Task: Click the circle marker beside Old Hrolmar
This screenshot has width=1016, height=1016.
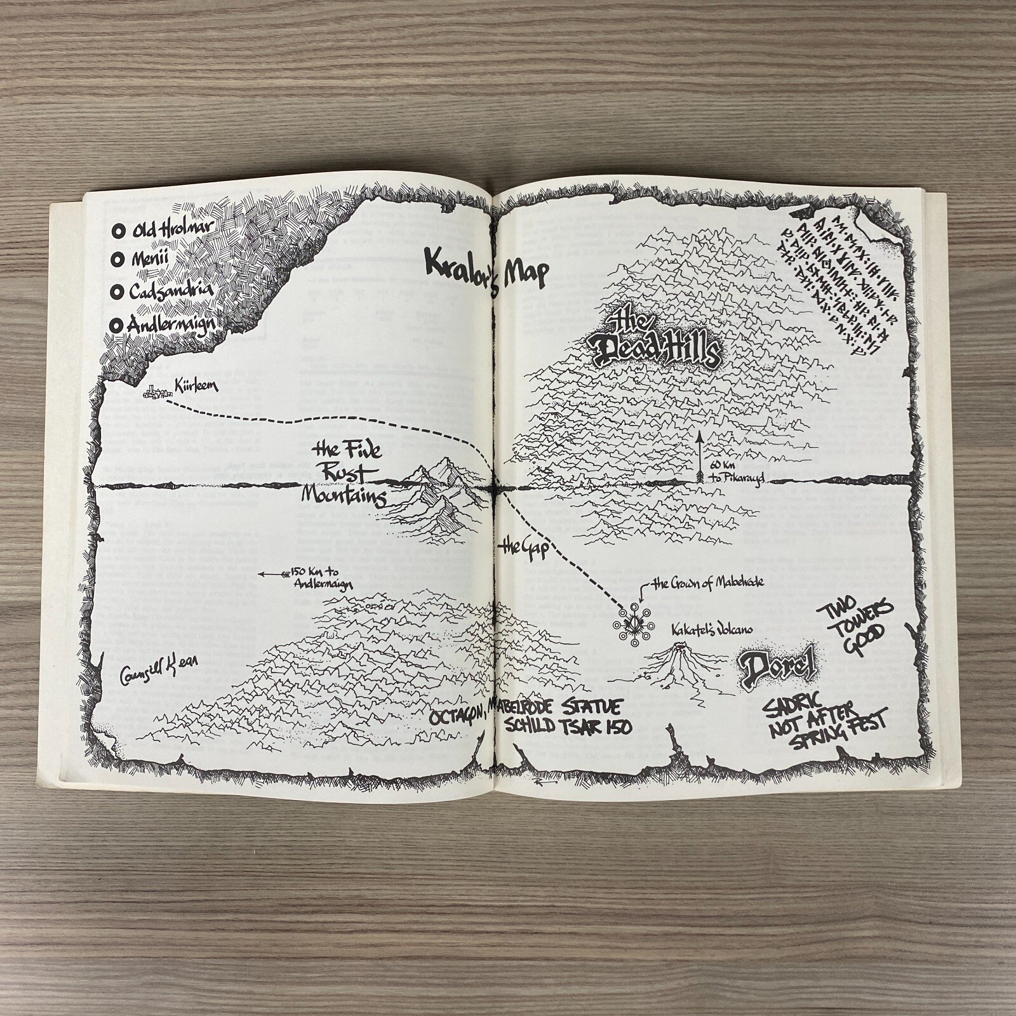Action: tap(117, 232)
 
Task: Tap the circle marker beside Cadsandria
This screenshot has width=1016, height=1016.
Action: tap(117, 292)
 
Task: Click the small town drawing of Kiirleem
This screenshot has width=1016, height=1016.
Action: tap(152, 394)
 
